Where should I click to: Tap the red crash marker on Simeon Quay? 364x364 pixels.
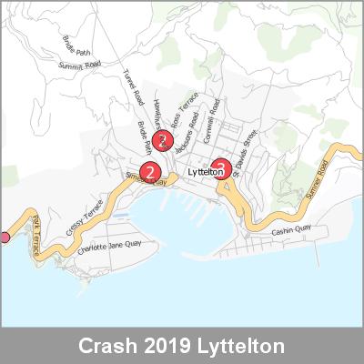click(x=151, y=171)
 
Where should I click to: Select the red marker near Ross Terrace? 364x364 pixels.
click(x=162, y=140)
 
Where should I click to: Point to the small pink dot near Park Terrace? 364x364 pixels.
click(x=4, y=238)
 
